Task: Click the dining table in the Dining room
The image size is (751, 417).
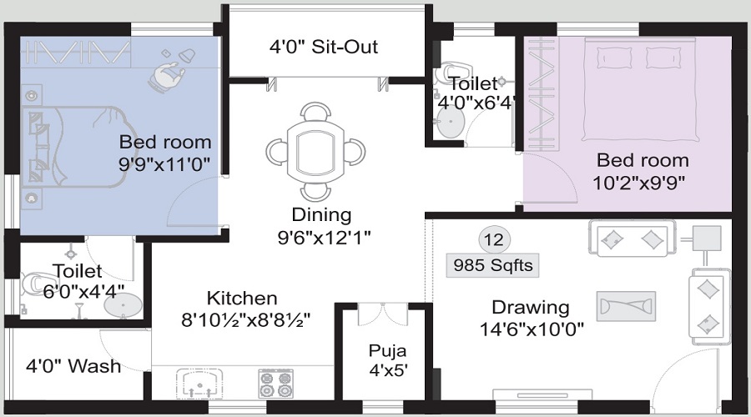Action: coord(315,151)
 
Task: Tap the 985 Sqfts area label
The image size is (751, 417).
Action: coord(493,265)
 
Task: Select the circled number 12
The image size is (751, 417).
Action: coord(494,239)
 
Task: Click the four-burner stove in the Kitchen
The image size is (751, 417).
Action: coord(275,384)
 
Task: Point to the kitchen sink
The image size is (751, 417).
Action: coord(199,384)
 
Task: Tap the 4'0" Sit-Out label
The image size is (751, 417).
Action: coord(324,47)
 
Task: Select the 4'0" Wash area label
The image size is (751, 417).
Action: coord(73,366)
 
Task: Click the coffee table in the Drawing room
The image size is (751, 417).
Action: coord(626,306)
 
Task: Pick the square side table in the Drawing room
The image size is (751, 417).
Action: coord(707,239)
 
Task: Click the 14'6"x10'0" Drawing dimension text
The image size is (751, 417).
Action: coord(532,329)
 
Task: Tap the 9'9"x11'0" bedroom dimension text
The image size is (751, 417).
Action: coord(164,164)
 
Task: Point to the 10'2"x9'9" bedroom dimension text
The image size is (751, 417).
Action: coord(639,183)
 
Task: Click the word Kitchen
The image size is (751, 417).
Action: coord(242,299)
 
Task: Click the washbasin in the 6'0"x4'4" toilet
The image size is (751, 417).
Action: coord(123,305)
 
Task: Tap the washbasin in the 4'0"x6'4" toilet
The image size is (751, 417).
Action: coord(451,122)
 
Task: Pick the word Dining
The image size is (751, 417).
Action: coord(321,214)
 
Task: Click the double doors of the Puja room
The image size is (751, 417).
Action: coord(383,314)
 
